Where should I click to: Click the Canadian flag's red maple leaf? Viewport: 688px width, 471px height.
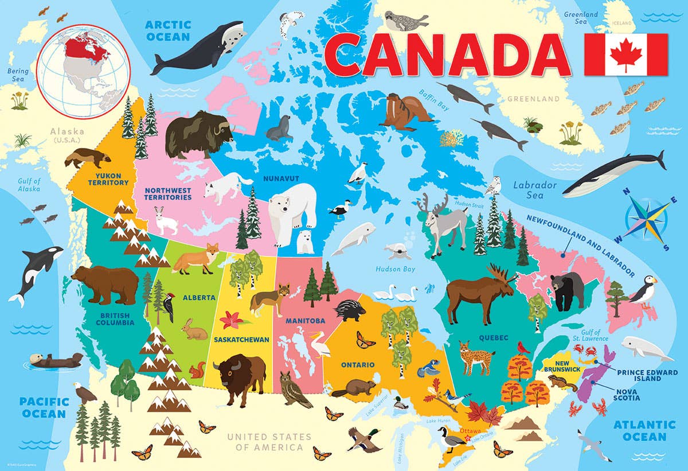[x=626, y=54]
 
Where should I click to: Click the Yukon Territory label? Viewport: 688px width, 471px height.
[x=108, y=179]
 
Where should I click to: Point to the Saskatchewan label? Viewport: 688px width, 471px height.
[x=241, y=339]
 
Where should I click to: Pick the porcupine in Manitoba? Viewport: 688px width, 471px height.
[x=349, y=310]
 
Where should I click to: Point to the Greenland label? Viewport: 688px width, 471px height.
[x=533, y=99]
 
